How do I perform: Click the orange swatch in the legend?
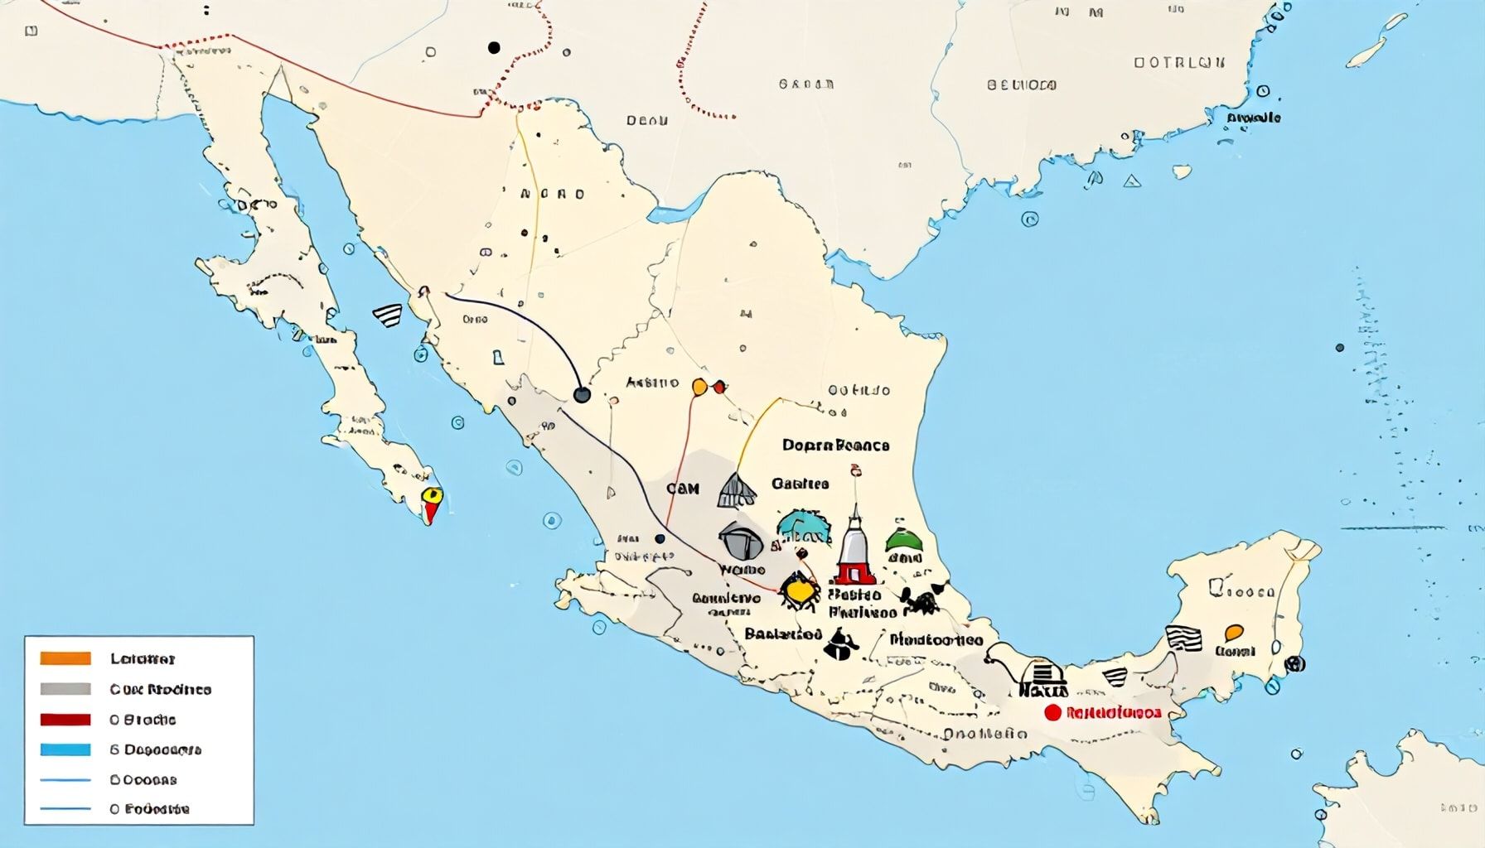pos(65,658)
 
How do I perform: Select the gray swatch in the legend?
pos(65,689)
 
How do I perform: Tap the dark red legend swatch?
pos(65,719)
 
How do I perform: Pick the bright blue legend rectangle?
pos(65,749)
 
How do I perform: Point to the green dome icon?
pos(903,540)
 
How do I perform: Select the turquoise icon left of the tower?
pos(804,527)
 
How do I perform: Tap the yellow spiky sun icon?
pos(799,590)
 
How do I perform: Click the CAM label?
pos(683,489)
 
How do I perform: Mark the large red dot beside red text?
pos(1052,712)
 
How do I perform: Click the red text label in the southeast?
pos(1114,712)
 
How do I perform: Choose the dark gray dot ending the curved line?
pos(583,395)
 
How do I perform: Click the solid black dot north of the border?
pos(494,48)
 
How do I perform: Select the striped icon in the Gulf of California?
pos(388,315)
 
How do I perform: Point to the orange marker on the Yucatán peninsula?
pos(1233,634)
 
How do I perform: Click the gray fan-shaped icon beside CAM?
pos(736,490)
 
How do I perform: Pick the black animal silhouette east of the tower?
pos(921,600)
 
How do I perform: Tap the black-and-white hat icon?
pos(841,644)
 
